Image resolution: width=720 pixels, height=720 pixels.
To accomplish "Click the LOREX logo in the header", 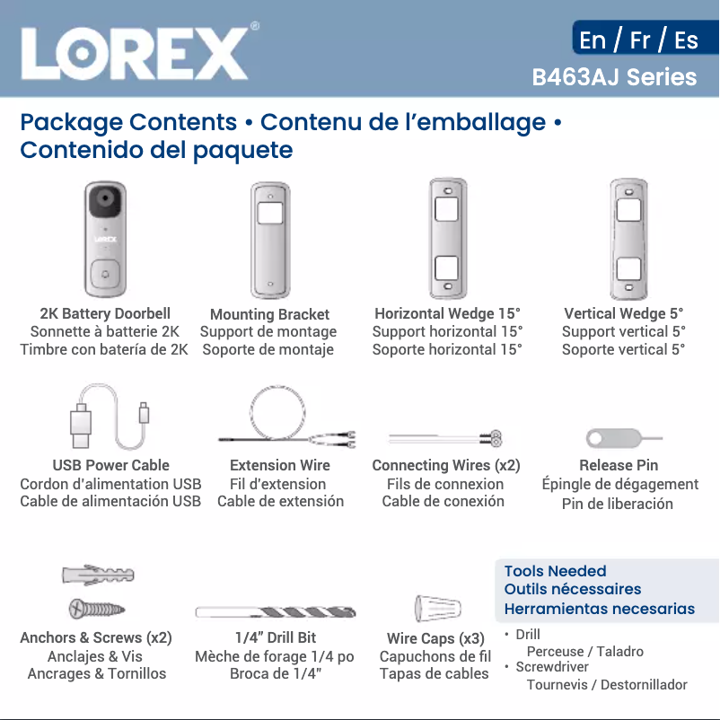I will [x=135, y=52].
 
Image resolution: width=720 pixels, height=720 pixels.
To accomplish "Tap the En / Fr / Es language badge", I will [x=638, y=40].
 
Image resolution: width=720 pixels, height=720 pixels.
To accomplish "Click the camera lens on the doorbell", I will [x=106, y=200].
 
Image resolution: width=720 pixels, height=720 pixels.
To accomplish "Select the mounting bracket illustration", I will [x=269, y=239].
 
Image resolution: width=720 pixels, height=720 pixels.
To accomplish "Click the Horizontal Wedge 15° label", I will [x=447, y=313].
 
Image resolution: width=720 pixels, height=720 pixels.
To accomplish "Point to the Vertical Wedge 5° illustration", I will [x=628, y=238].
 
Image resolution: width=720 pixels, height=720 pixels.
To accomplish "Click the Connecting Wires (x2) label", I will [x=446, y=465].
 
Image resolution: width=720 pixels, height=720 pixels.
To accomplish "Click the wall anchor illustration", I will [x=98, y=575].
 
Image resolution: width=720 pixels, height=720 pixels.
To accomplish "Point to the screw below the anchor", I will [x=97, y=610].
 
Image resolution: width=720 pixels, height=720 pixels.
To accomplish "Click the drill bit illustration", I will [x=276, y=612].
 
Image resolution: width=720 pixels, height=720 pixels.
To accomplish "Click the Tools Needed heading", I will [x=555, y=571].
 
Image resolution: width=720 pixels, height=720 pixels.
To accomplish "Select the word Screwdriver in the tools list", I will [x=552, y=667].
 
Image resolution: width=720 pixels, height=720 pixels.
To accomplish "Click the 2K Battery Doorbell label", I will [x=105, y=313].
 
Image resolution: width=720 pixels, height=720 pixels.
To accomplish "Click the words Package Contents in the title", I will [x=128, y=122].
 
